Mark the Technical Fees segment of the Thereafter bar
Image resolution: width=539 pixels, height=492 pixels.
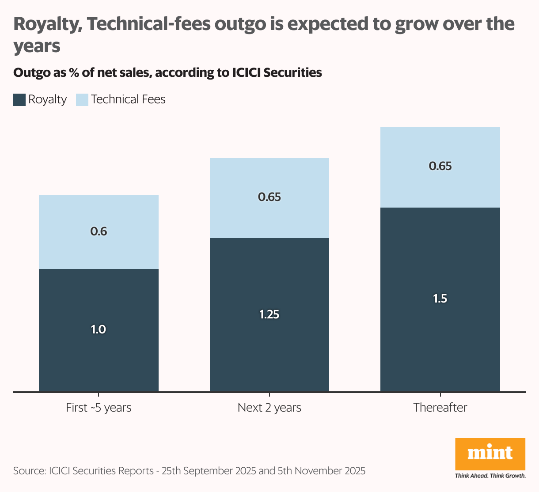[440, 146]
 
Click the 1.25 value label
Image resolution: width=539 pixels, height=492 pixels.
[269, 314]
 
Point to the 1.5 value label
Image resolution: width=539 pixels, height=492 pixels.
[440, 299]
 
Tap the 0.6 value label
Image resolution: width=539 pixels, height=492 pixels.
[99, 231]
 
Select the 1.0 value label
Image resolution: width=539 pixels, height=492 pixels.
[98, 329]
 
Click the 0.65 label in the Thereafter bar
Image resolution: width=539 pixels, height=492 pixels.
[440, 167]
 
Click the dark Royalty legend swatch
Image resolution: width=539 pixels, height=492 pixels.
[19, 100]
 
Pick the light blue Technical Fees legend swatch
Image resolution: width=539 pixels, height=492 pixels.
[83, 100]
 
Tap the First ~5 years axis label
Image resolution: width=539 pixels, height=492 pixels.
[99, 407]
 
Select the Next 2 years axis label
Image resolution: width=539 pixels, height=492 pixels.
[269, 407]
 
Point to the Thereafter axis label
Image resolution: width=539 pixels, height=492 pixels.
[440, 407]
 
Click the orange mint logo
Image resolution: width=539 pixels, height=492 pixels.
[490, 454]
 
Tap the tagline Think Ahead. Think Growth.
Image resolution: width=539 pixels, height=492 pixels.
[490, 476]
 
